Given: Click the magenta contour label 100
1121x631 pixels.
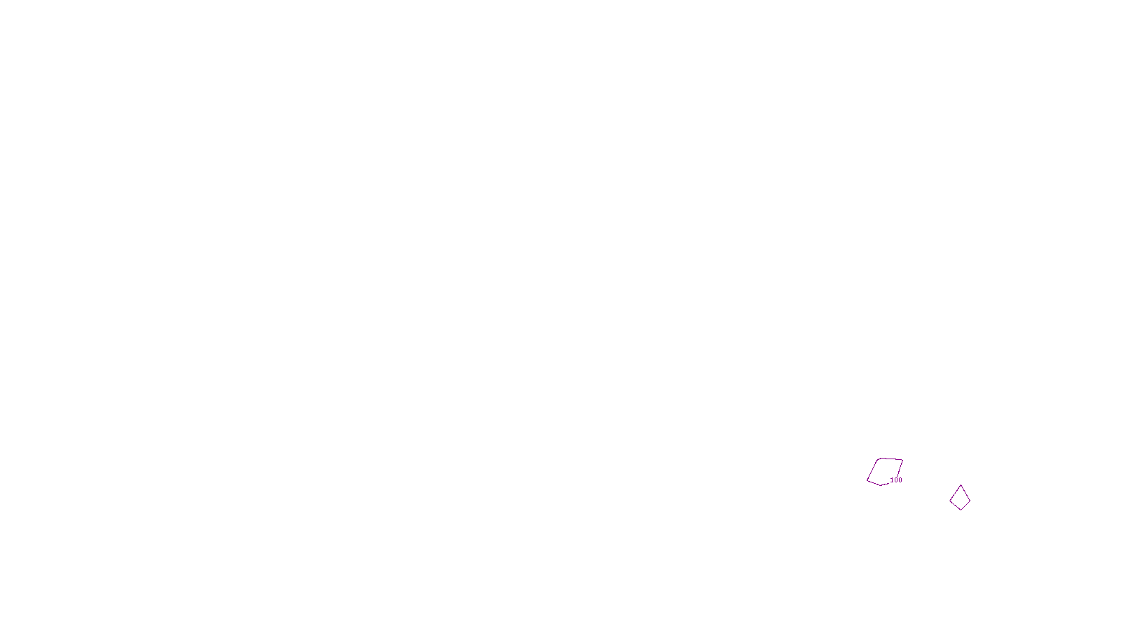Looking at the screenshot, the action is coord(896,480).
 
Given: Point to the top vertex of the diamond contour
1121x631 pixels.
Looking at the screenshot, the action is coord(961,485).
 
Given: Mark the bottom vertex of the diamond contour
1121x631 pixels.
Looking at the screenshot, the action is coord(961,510).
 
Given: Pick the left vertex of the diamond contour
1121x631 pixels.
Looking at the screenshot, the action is coord(950,499).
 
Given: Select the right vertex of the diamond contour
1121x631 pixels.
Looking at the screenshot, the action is coord(970,499).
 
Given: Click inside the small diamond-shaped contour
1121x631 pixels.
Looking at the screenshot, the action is coord(961,498).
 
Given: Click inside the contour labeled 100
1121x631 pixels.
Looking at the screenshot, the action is coord(884,470).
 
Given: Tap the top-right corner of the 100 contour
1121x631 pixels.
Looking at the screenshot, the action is coord(903,460).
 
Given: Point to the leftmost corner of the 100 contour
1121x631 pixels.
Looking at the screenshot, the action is coord(867,480).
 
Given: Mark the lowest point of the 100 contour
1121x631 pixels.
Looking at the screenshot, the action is coord(880,485).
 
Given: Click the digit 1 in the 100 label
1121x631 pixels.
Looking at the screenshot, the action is coord(892,480).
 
